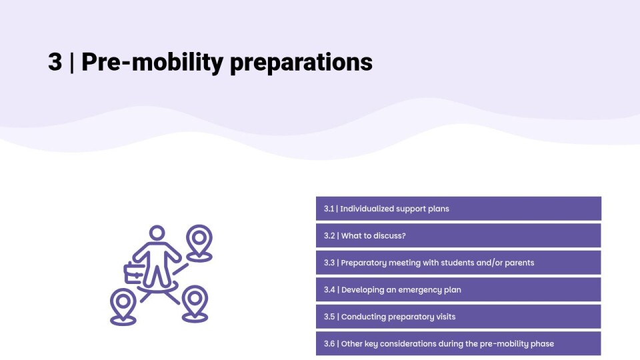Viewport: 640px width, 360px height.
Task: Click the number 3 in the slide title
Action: point(55,62)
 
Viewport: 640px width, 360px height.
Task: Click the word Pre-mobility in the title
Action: point(152,63)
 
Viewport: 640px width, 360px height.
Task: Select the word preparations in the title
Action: point(301,63)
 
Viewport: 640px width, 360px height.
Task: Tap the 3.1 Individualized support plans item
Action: point(459,209)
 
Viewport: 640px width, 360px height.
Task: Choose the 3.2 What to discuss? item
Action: point(459,235)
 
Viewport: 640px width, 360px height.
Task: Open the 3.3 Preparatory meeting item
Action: point(459,263)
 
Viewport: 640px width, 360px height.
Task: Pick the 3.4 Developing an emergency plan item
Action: point(459,289)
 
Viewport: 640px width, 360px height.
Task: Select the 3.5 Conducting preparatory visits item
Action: point(459,316)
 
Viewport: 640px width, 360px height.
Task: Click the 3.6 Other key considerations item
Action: point(459,343)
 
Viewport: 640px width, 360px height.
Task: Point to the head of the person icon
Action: point(157,233)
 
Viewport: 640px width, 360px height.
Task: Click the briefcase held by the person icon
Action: point(133,273)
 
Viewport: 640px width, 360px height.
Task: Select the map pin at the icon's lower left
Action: point(123,307)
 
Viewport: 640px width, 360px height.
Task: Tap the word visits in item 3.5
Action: point(446,317)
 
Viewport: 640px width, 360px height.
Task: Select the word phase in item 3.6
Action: point(543,344)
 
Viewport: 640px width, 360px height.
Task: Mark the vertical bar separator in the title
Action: point(72,63)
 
